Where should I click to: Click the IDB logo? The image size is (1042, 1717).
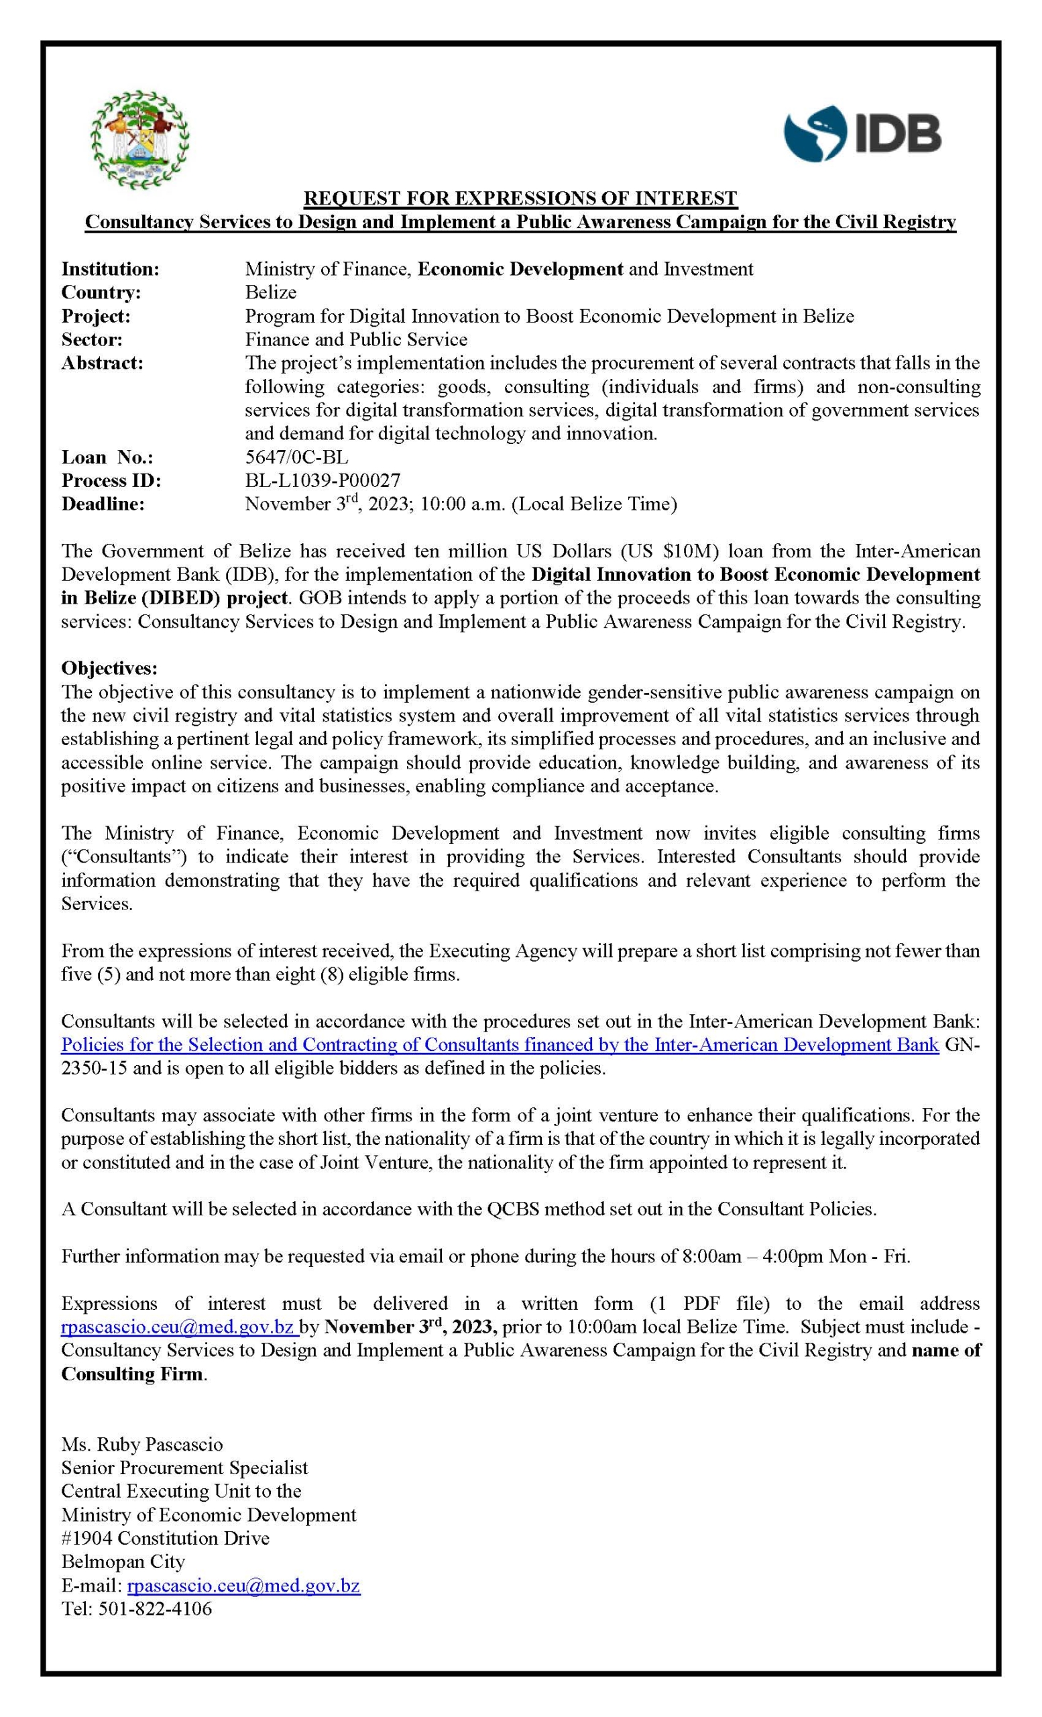click(862, 133)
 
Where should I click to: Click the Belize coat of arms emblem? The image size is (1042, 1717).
click(140, 140)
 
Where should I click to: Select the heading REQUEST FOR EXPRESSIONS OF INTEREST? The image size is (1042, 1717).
click(520, 199)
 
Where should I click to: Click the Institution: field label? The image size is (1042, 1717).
click(110, 269)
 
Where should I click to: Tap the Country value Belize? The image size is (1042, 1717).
click(270, 292)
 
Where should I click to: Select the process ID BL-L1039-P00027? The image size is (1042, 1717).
click(322, 480)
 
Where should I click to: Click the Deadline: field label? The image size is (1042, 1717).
click(103, 504)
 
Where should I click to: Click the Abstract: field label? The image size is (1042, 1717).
click(102, 363)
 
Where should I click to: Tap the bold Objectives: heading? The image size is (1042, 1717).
click(109, 668)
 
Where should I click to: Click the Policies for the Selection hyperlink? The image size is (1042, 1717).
click(500, 1044)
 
